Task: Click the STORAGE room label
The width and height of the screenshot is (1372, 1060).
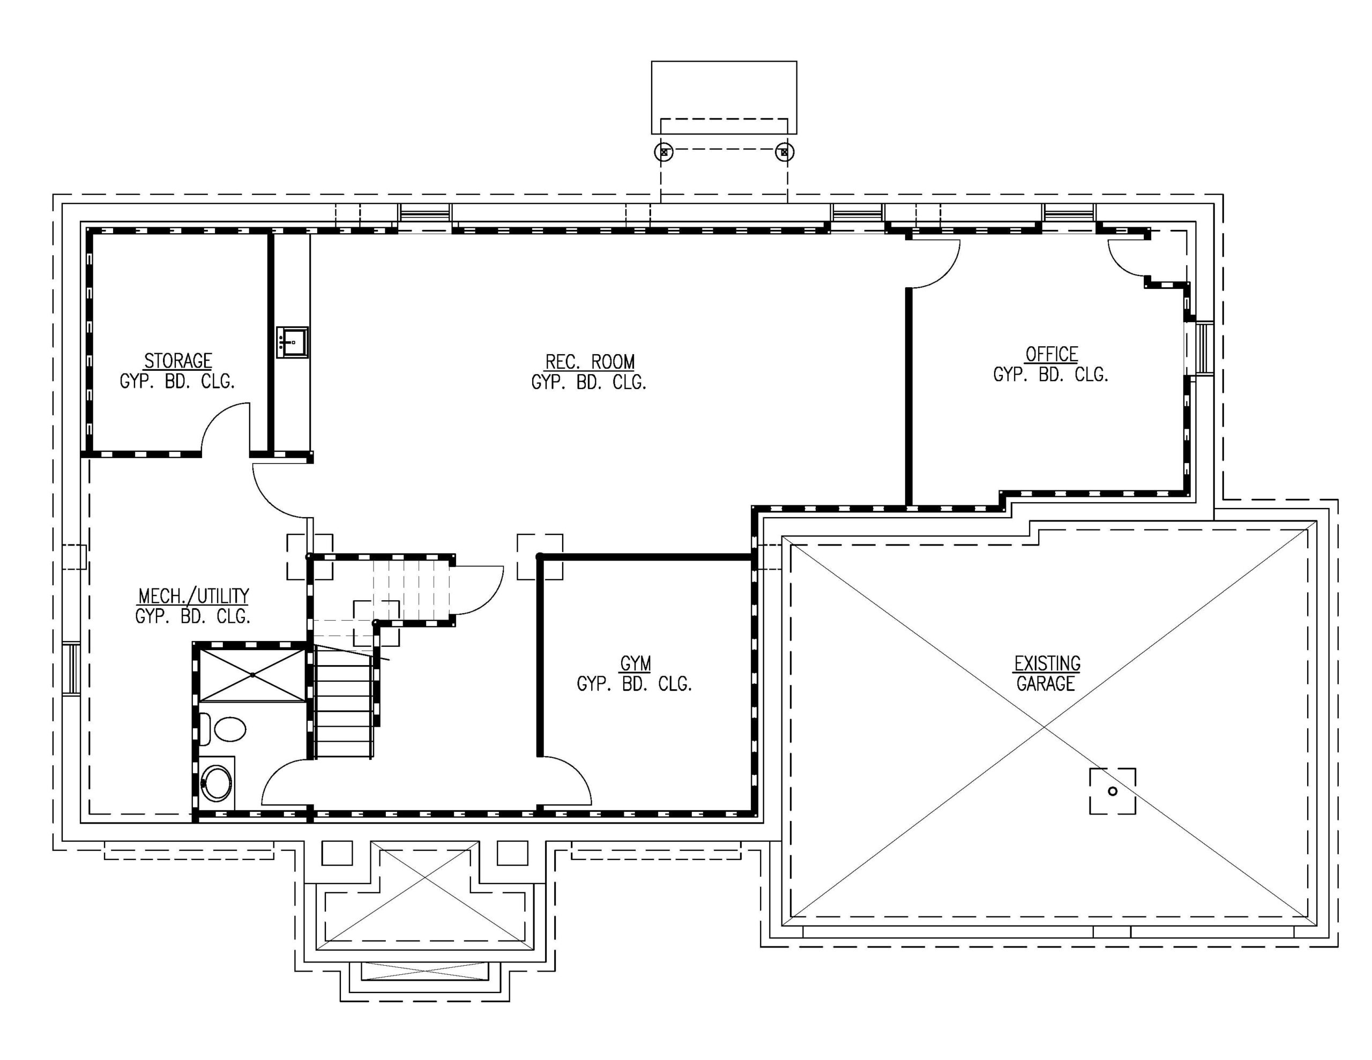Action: coord(178,361)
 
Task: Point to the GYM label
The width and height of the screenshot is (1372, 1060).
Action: coord(635,663)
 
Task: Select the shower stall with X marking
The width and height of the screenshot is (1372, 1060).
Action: coord(252,675)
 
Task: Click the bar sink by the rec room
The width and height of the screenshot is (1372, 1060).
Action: coord(292,342)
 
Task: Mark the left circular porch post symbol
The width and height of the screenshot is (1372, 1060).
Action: coord(664,152)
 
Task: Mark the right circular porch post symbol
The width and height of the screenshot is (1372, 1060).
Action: coord(784,152)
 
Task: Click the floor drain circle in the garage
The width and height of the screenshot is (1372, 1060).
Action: coord(1113,791)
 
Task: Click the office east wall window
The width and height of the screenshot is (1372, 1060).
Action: coord(1203,349)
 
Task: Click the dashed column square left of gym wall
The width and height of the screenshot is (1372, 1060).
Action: coord(540,557)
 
